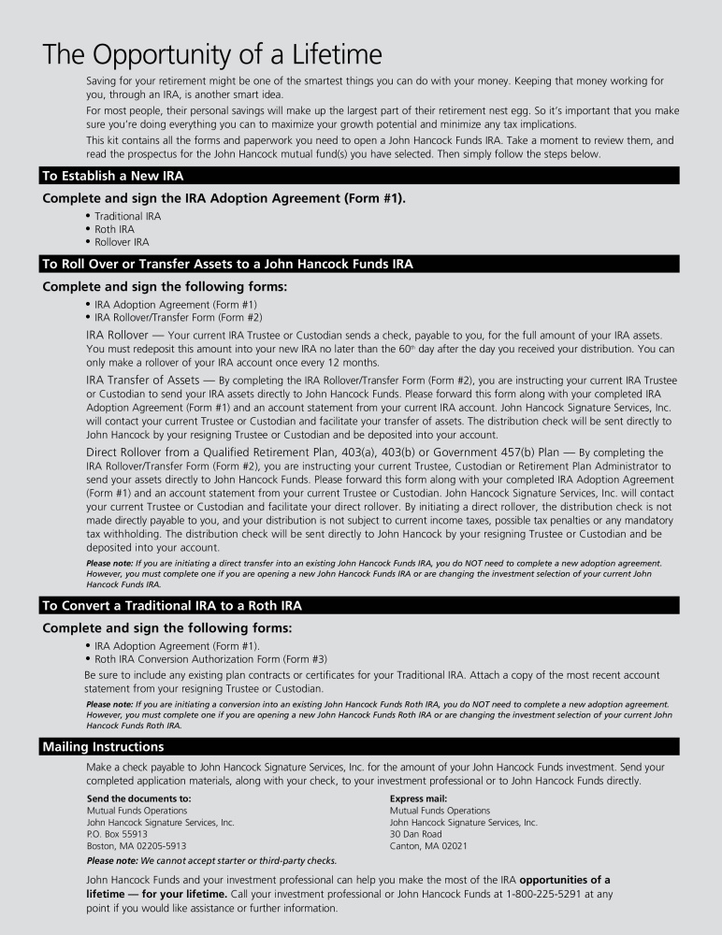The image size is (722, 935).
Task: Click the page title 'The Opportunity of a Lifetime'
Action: point(211,54)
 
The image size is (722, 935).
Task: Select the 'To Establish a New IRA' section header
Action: point(119,176)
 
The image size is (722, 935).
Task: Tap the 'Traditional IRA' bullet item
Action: point(127,216)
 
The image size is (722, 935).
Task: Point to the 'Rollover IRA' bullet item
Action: point(122,242)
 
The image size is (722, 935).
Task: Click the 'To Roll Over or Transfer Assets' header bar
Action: point(227,265)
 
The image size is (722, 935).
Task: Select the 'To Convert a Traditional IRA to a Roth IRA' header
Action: point(171,606)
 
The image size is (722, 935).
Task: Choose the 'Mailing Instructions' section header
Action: point(103,746)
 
